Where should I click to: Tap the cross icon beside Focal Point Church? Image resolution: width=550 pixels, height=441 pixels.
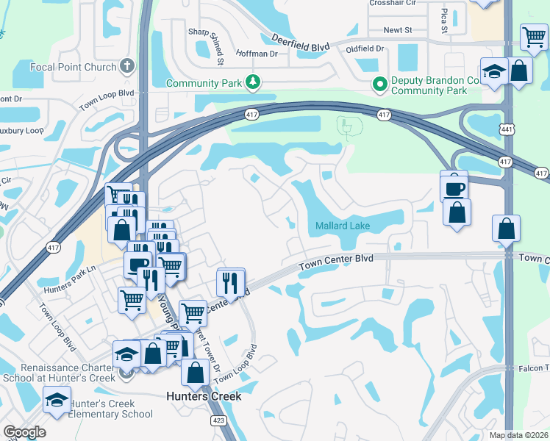(127, 66)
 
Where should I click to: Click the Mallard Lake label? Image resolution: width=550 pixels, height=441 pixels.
(343, 226)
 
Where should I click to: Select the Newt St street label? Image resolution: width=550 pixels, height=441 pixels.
(399, 30)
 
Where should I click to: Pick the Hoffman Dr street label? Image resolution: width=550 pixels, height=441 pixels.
(256, 54)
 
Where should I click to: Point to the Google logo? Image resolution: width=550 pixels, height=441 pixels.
(24, 432)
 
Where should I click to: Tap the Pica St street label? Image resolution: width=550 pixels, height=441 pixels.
(444, 21)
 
